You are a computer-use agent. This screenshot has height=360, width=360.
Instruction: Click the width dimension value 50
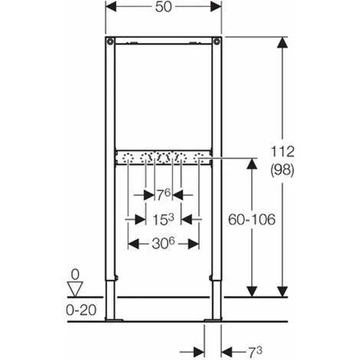163,7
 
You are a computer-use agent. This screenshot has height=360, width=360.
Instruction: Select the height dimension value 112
283,152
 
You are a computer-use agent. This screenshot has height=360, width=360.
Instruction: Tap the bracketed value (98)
283,170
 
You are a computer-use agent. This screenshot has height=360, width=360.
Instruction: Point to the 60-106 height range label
252,219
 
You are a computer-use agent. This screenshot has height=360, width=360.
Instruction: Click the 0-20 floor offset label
81,310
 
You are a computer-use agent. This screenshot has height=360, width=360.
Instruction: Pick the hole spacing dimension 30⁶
163,244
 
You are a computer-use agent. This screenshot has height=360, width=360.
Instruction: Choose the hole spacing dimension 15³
163,219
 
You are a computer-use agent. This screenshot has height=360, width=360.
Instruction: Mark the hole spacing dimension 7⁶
163,195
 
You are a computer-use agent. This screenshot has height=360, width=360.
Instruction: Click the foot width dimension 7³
255,352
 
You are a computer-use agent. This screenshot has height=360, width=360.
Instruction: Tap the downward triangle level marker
75,290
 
